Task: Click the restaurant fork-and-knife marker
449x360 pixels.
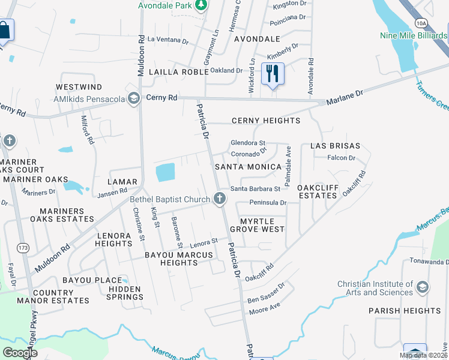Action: pyautogui.click(x=273, y=73)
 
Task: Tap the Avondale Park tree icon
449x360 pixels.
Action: pyautogui.click(x=201, y=6)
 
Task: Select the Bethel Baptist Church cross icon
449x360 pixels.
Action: pyautogui.click(x=220, y=199)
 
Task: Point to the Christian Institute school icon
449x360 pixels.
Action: pyautogui.click(x=423, y=287)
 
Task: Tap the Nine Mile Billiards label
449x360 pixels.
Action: pyautogui.click(x=414, y=35)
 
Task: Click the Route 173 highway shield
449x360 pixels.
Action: pyautogui.click(x=23, y=247)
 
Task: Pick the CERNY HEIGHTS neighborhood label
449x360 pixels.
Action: pyautogui.click(x=266, y=121)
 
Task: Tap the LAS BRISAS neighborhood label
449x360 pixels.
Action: pyautogui.click(x=335, y=146)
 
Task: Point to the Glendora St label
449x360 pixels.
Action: pyautogui.click(x=248, y=143)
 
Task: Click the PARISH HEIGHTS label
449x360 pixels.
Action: pyautogui.click(x=405, y=311)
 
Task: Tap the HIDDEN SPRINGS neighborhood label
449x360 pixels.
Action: pyautogui.click(x=124, y=293)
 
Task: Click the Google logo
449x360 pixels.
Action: pyautogui.click(x=20, y=353)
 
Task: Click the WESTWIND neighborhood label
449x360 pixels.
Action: pyautogui.click(x=79, y=88)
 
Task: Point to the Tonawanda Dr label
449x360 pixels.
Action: pyautogui.click(x=429, y=262)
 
